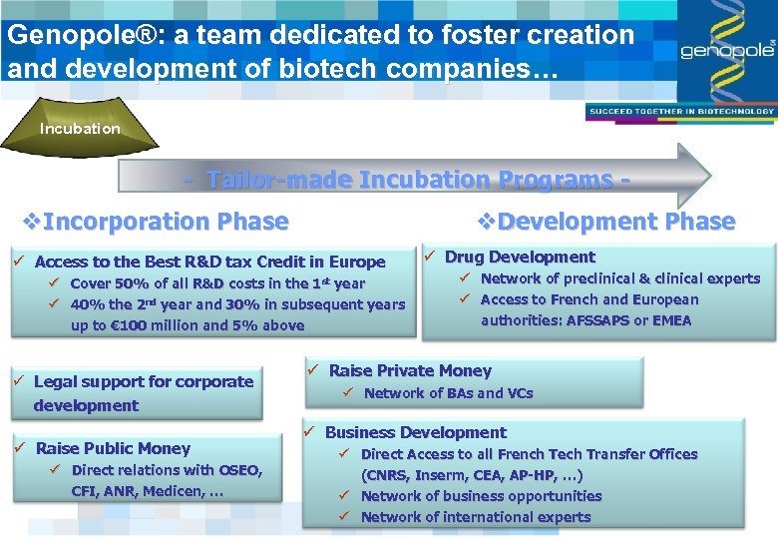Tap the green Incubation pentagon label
80,128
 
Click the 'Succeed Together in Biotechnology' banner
681,111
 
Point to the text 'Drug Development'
519,258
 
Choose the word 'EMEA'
670,320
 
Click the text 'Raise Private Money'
410,371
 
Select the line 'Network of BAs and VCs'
448,393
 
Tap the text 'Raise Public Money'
113,449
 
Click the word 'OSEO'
238,470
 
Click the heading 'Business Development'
415,433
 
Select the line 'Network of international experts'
475,517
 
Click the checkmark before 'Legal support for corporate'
18,381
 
